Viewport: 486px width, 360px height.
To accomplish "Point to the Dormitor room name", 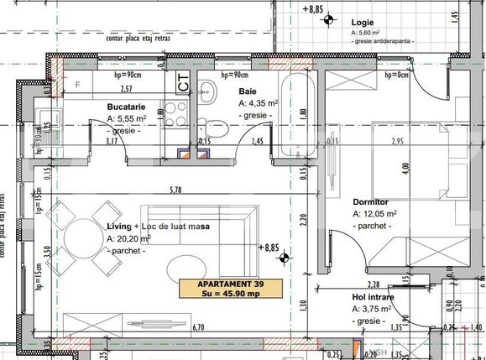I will click(369, 202).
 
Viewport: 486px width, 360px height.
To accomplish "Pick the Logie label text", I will click(364, 22).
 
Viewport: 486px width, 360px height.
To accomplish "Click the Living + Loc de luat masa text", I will click(158, 227).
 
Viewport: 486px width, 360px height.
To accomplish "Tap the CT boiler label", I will click(183, 81).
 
